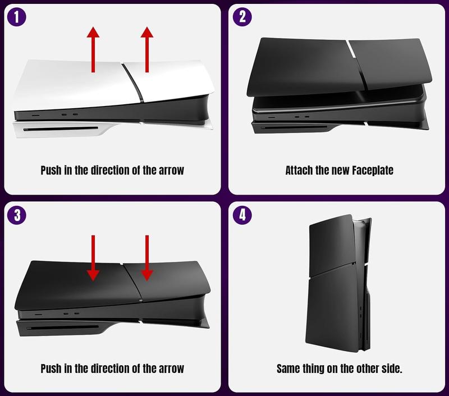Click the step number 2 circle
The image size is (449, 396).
[x=242, y=17]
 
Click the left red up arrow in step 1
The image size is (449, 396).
[x=93, y=50]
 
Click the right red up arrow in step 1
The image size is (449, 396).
[x=146, y=50]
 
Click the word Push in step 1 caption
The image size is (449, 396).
[x=52, y=171]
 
